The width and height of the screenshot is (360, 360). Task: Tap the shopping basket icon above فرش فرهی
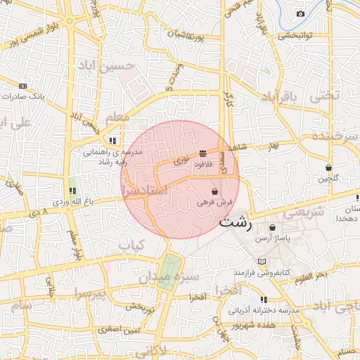pos(214,191)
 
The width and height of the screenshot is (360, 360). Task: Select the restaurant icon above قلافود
pos(202,153)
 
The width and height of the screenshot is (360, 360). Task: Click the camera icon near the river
pos(301,14)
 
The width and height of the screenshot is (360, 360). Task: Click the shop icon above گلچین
pos(329,168)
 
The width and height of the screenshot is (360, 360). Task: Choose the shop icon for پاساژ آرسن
pos(273,228)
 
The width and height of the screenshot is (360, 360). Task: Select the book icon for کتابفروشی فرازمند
pos(262,262)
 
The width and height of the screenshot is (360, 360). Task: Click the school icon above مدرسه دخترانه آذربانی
pos(264,300)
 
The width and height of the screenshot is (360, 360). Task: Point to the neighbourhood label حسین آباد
pos(126,68)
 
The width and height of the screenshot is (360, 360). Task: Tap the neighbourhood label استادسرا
pos(144,190)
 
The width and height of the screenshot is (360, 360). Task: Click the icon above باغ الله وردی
pos(72,191)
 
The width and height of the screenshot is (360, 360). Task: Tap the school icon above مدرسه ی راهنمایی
pos(112,141)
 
